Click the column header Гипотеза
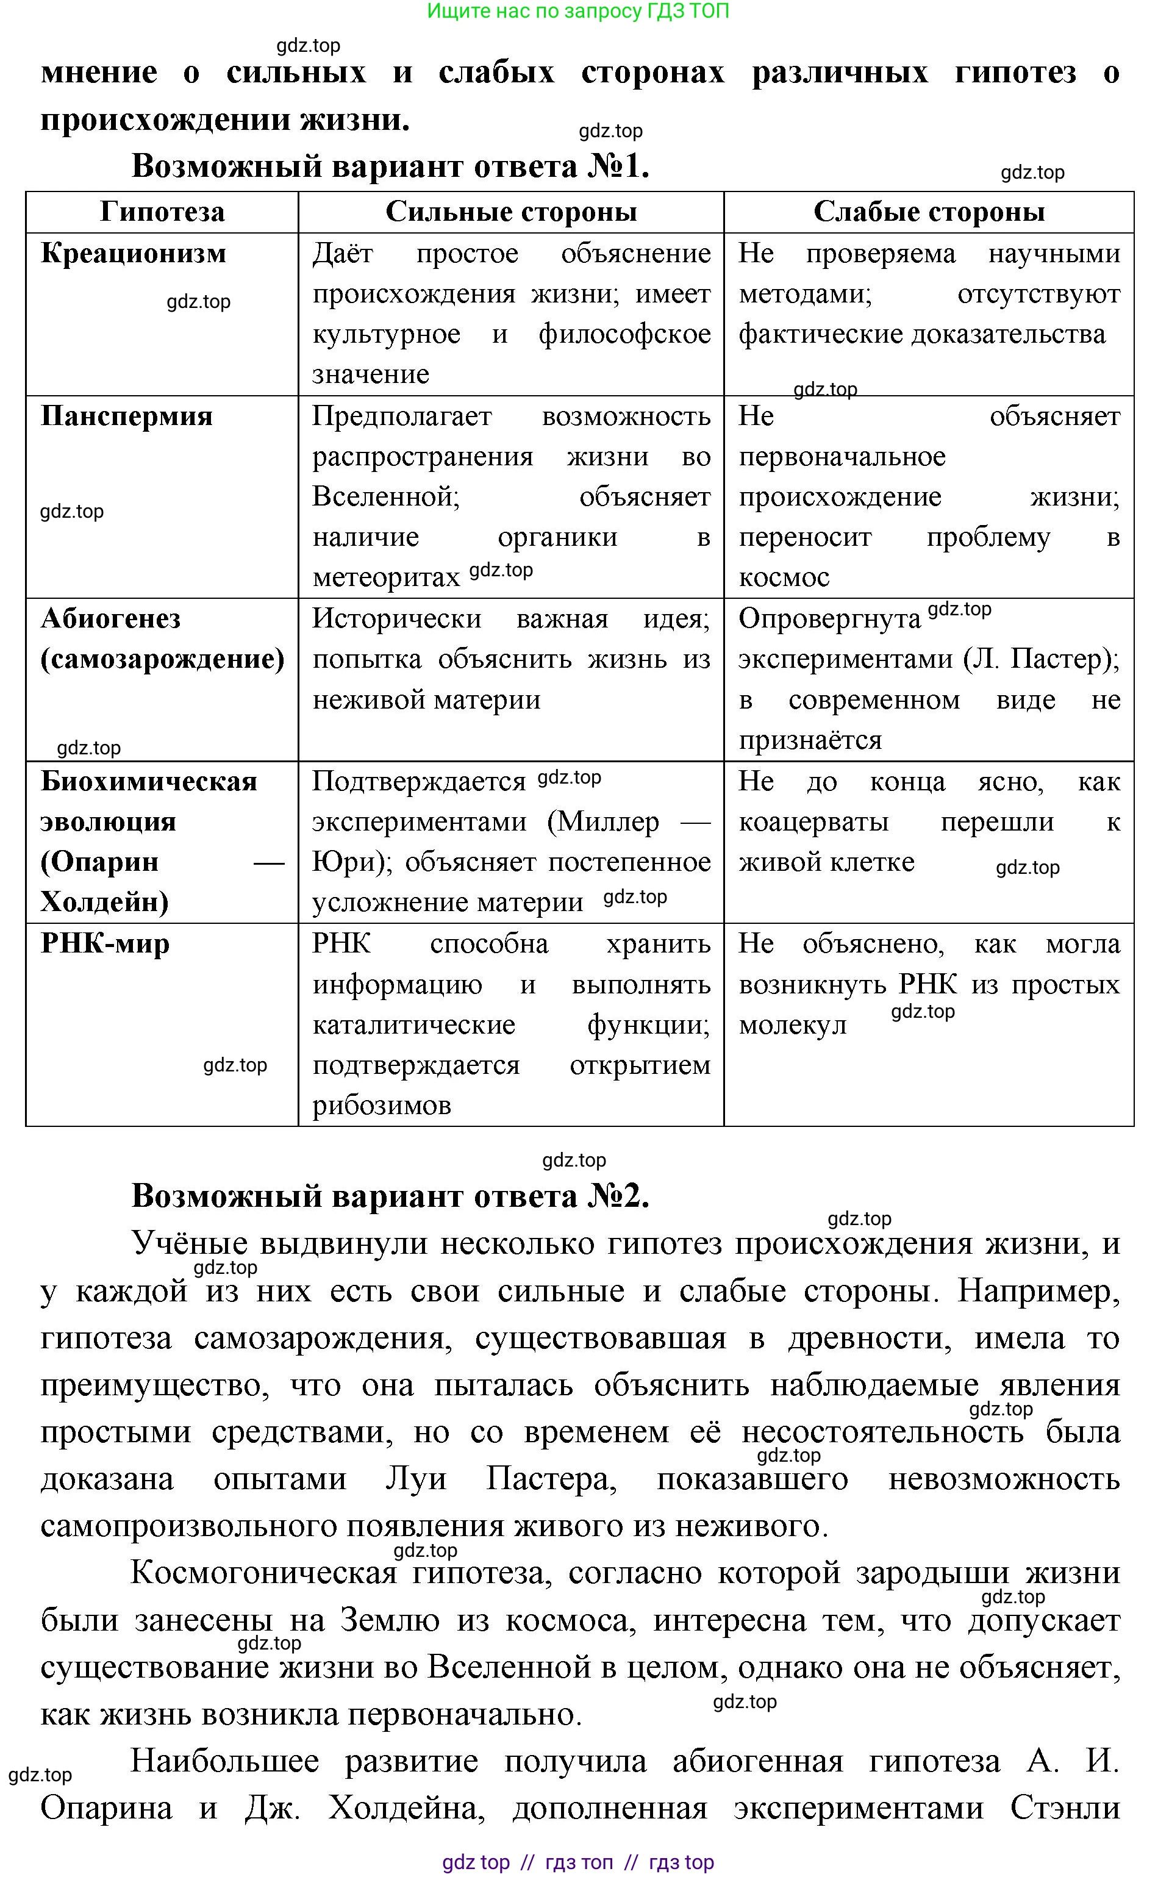[x=162, y=212]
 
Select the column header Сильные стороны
[x=511, y=212]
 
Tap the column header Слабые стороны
[x=928, y=212]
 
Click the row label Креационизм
[x=134, y=254]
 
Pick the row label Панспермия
[x=126, y=417]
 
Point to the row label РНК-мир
[x=105, y=943]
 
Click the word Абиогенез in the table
[x=110, y=619]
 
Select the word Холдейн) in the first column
[x=104, y=902]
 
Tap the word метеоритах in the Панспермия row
[x=386, y=577]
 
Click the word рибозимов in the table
[x=381, y=1105]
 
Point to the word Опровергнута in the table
[x=829, y=619]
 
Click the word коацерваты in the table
[x=813, y=821]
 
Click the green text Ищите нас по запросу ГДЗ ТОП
[x=577, y=11]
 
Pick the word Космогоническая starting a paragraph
[x=263, y=1573]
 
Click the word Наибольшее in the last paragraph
[x=224, y=1761]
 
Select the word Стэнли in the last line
[x=1065, y=1808]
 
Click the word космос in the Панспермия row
[x=784, y=577]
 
